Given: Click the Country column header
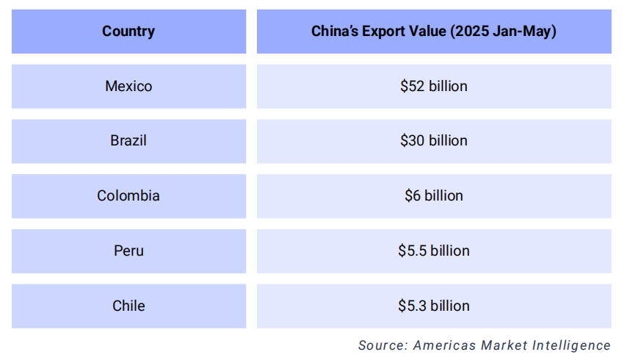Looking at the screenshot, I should (128, 32).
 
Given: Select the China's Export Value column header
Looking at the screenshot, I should (433, 32).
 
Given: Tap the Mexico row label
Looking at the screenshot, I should (128, 86).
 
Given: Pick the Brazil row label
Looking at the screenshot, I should (128, 140).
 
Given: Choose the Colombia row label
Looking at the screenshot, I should (128, 195).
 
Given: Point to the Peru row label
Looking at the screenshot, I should (128, 251).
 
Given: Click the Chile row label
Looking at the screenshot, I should (128, 306).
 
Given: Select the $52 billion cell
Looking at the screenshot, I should (433, 86).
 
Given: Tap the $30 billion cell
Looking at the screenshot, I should (433, 140).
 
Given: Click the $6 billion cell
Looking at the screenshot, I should (433, 195).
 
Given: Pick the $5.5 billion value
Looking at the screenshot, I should (433, 251).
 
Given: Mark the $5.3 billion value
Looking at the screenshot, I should (433, 306).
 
